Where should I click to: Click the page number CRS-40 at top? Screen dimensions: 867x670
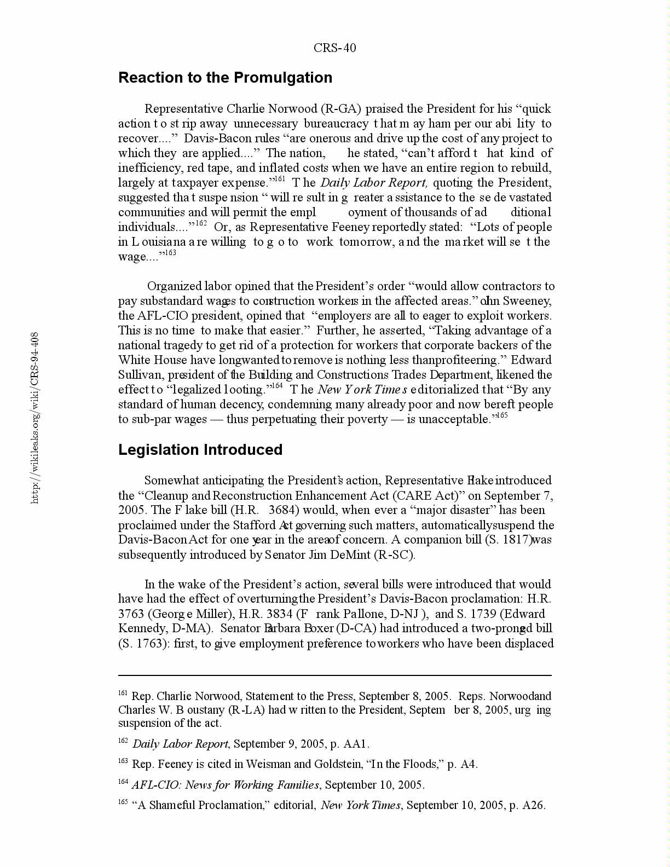334,48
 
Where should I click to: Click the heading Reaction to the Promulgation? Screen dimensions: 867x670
225,78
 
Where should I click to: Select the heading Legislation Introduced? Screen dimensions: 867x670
200,450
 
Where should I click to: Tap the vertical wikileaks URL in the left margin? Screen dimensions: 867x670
34,417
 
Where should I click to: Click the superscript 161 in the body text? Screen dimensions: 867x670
279,178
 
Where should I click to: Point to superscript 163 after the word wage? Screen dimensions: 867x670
170,252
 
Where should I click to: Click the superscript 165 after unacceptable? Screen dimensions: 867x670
501,415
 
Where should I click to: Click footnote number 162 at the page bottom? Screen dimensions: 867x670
123,741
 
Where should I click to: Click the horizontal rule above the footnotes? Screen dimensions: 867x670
334,675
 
